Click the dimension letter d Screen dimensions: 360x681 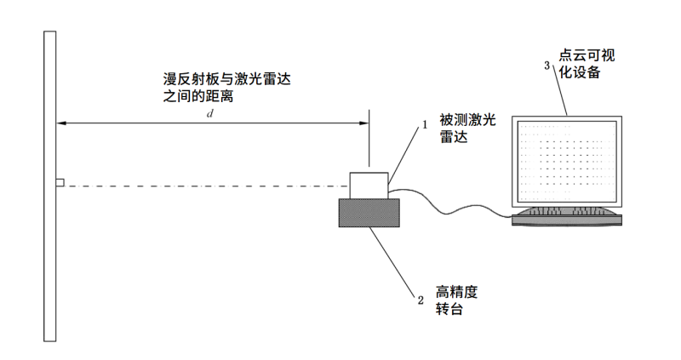coord(210,113)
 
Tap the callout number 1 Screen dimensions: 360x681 coord(423,124)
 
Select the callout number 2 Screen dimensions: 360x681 coord(420,299)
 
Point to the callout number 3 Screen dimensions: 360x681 coord(547,65)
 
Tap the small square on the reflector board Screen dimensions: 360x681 coord(60,183)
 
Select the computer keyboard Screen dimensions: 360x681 coord(567,216)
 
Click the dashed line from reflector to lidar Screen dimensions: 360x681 coord(204,185)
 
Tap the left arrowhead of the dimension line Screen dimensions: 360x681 coord(62,124)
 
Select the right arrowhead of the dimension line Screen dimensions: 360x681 coord(363,124)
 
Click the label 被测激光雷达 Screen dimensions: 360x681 coord(466,129)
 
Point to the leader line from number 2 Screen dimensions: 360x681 coord(394,263)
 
